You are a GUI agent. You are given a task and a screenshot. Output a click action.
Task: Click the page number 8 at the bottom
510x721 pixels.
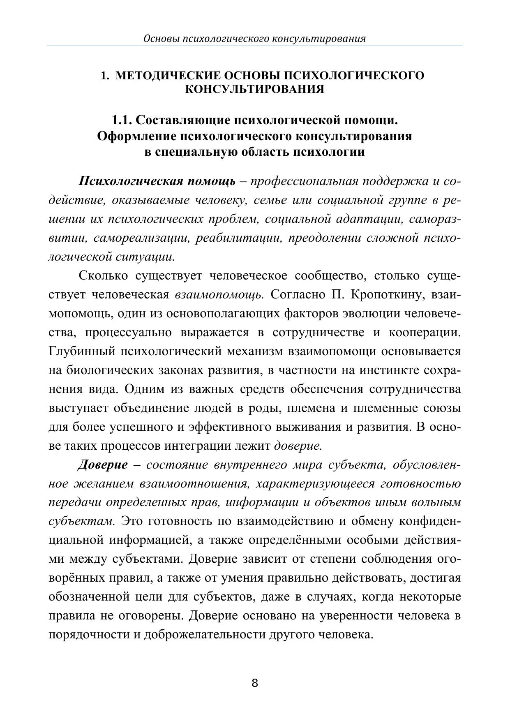[x=254, y=683]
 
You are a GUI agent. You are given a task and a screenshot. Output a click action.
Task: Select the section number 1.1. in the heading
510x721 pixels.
[x=122, y=120]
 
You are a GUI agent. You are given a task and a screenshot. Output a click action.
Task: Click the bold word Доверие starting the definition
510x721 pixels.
[x=103, y=465]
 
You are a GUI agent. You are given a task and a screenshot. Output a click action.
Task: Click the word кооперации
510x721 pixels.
[x=425, y=333]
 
